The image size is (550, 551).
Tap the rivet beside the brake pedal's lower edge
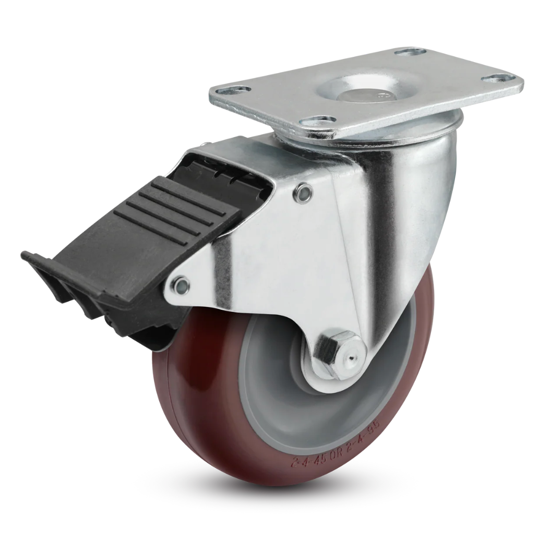181,285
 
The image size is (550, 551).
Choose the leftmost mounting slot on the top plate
240,90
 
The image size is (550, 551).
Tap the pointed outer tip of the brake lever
26,256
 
